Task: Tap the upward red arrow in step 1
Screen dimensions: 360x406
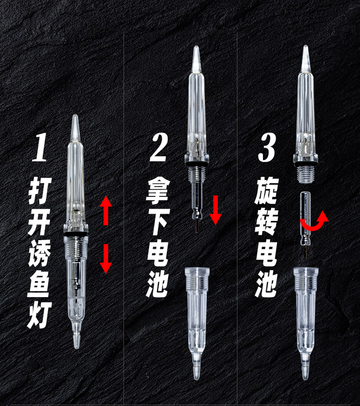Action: tap(106, 210)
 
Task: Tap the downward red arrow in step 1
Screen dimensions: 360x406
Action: tap(106, 259)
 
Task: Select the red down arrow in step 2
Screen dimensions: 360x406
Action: tap(216, 210)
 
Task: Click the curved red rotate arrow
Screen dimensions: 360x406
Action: tap(315, 222)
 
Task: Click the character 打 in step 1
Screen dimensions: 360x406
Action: tap(40, 190)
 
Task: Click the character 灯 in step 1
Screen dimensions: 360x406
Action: tap(39, 314)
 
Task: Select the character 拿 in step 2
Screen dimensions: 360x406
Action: tap(158, 190)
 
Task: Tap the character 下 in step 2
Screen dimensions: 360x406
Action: tap(158, 221)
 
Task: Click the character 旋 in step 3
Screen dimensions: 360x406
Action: tap(267, 190)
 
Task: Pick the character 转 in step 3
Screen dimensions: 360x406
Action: tap(267, 221)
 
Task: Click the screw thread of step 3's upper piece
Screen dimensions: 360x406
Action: tap(306, 174)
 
